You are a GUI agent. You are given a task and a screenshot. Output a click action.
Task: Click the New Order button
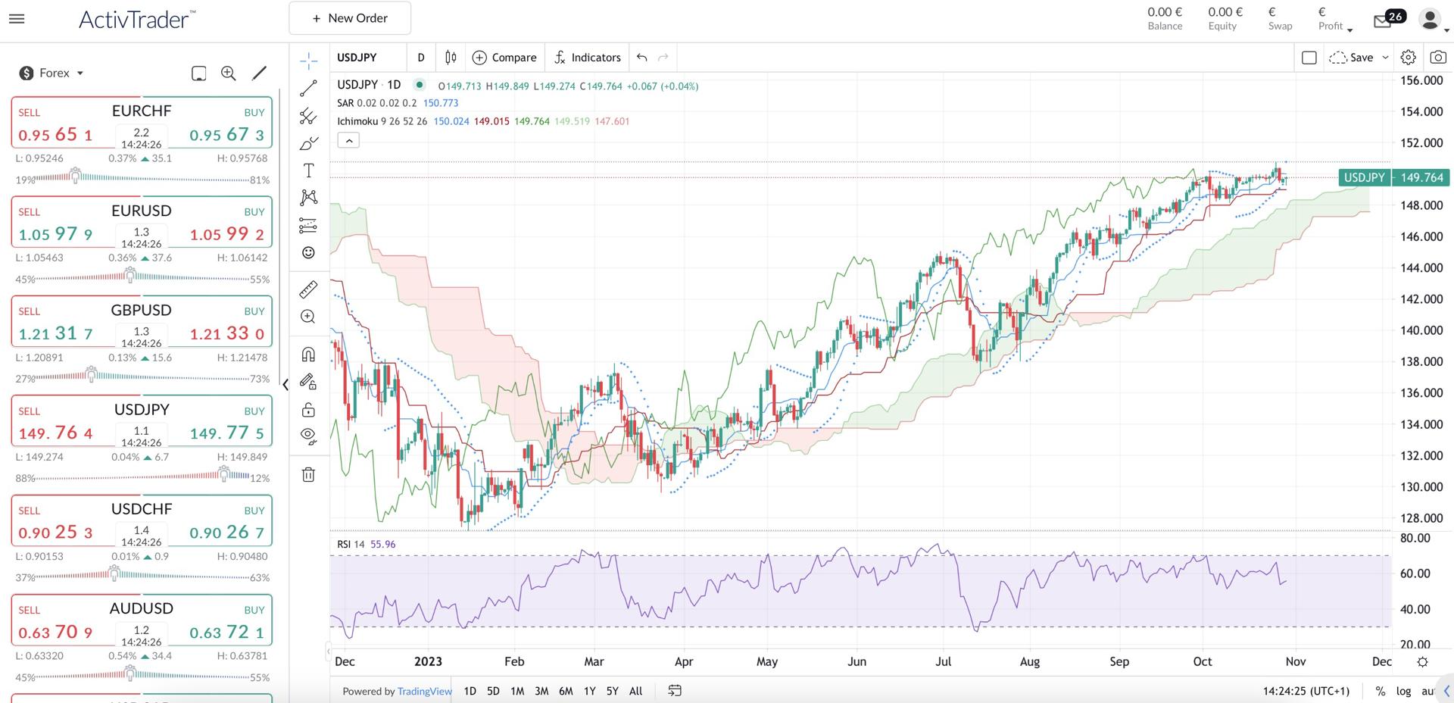350,18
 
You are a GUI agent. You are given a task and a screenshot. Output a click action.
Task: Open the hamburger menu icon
16,18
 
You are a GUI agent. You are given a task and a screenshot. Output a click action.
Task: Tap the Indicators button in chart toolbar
587,58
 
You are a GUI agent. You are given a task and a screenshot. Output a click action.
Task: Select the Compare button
504,58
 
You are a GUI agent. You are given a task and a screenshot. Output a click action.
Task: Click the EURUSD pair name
142,211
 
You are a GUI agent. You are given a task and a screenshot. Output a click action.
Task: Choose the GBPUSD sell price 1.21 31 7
56,333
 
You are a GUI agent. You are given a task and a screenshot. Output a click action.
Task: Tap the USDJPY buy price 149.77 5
226,433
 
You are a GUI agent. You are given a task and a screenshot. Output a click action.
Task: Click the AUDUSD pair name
142,608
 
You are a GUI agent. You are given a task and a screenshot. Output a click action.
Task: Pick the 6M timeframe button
565,691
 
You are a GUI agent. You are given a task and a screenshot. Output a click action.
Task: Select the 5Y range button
612,691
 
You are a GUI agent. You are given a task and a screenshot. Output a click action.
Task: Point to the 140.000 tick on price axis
1421,330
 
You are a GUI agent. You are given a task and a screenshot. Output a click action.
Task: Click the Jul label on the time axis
943,661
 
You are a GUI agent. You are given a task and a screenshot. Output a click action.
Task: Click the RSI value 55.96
382,544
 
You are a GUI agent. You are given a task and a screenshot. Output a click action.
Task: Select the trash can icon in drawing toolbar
308,475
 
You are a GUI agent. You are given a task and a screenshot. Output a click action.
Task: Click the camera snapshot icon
1437,58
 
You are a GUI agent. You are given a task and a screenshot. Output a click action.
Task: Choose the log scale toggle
1403,691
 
